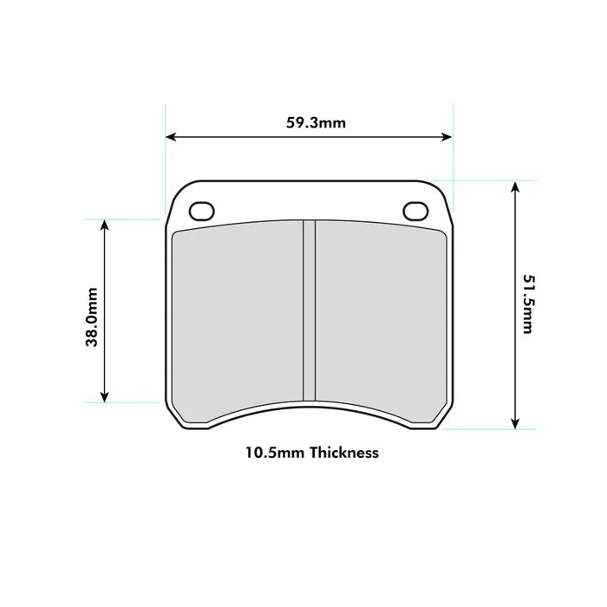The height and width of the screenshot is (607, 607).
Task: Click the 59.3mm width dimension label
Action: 316,122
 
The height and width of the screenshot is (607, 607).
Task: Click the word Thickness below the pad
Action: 344,453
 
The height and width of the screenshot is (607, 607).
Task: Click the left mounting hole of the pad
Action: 201,211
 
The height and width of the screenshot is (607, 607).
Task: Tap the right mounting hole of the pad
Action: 415,211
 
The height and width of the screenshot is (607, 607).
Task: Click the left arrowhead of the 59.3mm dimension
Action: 171,137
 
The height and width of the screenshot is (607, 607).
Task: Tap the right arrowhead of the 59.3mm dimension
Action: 447,137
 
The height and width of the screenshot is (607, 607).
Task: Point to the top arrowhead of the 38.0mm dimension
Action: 105,225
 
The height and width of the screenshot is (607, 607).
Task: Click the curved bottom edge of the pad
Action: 308,408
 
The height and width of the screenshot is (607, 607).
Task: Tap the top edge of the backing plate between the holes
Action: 308,180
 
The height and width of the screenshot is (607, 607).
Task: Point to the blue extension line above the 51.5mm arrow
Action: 486,180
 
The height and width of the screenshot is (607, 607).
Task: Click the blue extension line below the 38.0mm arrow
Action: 130,403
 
